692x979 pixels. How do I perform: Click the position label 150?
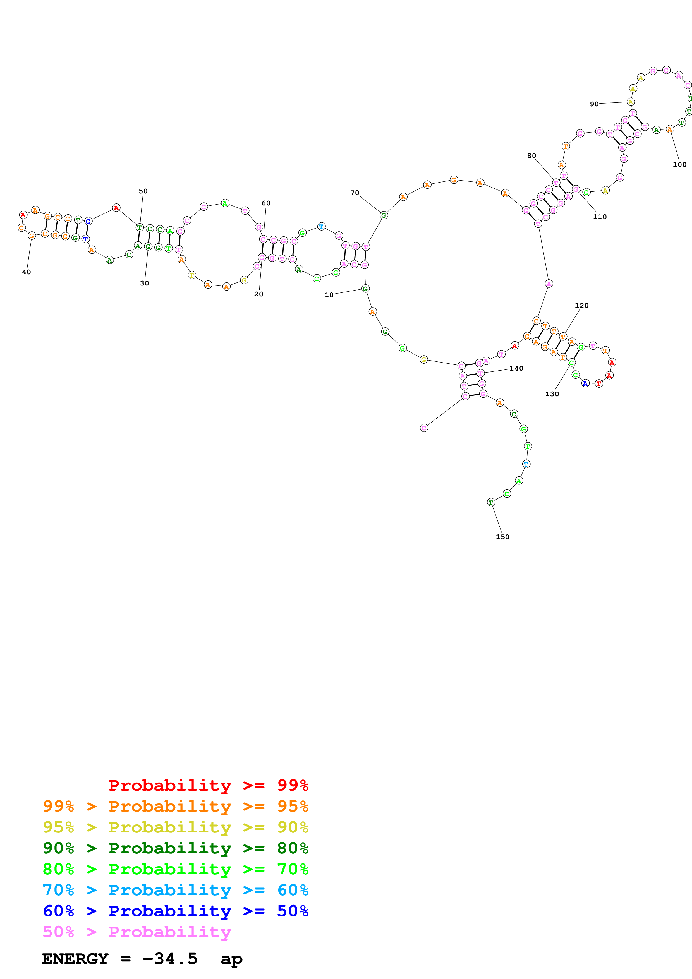(x=502, y=537)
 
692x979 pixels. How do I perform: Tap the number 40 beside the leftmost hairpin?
(x=27, y=272)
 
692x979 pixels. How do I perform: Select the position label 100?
(x=680, y=165)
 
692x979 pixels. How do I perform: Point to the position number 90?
(x=594, y=104)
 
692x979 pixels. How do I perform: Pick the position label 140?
(x=516, y=368)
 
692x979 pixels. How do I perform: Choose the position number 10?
(x=329, y=295)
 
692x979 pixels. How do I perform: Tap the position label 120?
(x=581, y=305)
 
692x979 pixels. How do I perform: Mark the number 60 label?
(x=266, y=203)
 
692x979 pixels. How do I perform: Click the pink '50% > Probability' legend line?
(x=137, y=932)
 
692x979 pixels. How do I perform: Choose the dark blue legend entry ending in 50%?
(x=175, y=911)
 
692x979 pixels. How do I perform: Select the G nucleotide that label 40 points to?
(x=32, y=235)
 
